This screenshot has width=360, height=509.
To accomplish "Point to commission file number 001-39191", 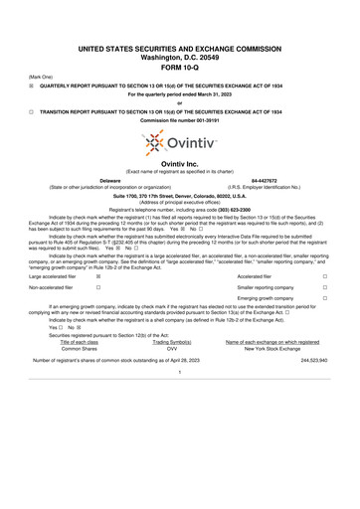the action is [179, 122].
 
